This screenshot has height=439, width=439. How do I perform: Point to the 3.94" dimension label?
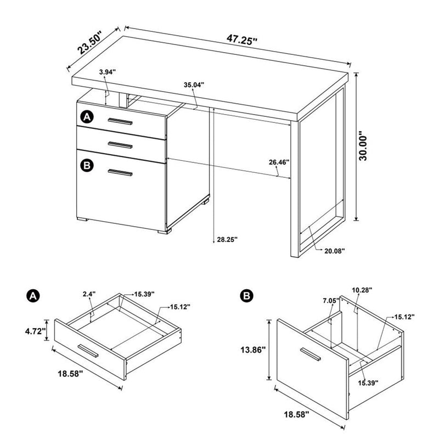(108, 72)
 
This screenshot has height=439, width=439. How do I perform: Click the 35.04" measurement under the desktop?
(194, 85)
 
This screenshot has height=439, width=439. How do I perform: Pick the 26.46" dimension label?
(279, 162)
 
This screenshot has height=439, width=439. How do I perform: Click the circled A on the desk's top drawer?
(86, 116)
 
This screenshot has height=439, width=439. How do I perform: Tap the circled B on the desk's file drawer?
(86, 164)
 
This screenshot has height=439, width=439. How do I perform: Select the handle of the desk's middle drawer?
(121, 145)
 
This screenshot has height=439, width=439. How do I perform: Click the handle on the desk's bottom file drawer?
(121, 173)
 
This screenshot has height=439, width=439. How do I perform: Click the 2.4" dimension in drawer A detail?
(89, 295)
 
